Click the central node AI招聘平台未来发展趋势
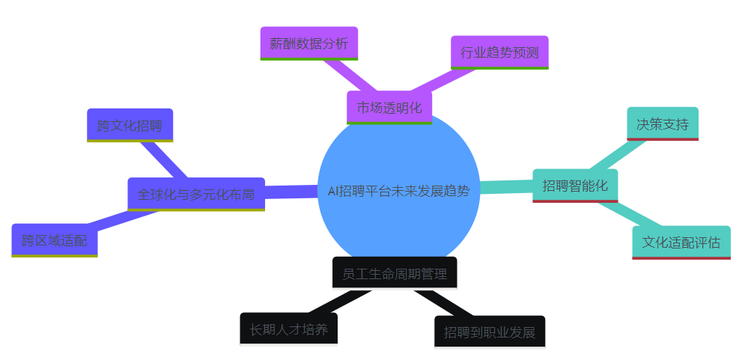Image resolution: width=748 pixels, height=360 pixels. tap(398, 190)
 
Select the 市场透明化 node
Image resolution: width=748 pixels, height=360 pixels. tap(389, 107)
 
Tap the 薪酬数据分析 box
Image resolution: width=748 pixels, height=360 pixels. tap(309, 43)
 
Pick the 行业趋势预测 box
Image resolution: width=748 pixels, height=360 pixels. tap(499, 52)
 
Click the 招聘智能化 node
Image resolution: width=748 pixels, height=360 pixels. tap(575, 186)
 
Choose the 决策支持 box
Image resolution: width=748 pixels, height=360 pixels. tap(662, 123)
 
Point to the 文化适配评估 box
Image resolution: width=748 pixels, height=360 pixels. tap(681, 242)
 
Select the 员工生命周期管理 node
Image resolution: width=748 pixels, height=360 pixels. tap(395, 273)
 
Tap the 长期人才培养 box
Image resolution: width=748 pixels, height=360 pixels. tap(288, 329)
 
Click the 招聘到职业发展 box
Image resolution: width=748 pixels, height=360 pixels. tap(490, 332)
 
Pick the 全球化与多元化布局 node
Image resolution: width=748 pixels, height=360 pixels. tap(196, 195)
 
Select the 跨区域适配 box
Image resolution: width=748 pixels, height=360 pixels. tap(55, 240)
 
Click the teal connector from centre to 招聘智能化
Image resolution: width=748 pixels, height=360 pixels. tap(506, 186)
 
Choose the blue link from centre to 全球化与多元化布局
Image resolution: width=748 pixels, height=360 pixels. tap(292, 192)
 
